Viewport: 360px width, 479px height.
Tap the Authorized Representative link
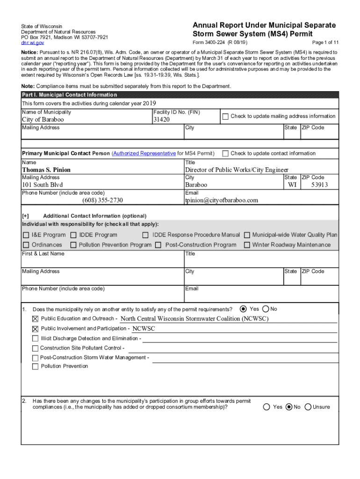pos(144,153)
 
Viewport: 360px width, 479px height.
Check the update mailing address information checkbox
pos(225,116)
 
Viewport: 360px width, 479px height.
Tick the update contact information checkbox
pos(225,153)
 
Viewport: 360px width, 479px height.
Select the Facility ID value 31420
pos(162,120)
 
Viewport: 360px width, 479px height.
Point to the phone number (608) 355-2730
pos(102,200)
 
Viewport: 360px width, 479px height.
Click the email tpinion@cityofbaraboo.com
pos(221,200)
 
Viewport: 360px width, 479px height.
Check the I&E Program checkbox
pos(26,235)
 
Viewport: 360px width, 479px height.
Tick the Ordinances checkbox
pos(26,245)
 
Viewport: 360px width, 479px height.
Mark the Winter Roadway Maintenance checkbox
pos(247,245)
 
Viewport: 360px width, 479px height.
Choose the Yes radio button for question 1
pos(243,309)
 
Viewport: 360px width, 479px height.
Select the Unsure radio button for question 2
pos(308,407)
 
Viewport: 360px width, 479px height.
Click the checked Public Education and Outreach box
pos(35,319)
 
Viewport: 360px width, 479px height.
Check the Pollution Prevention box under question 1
pos(35,367)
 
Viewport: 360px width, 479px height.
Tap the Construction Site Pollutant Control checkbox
pos(35,348)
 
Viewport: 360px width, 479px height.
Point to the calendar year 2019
pos(149,103)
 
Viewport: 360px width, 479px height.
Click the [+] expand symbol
pos(25,216)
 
